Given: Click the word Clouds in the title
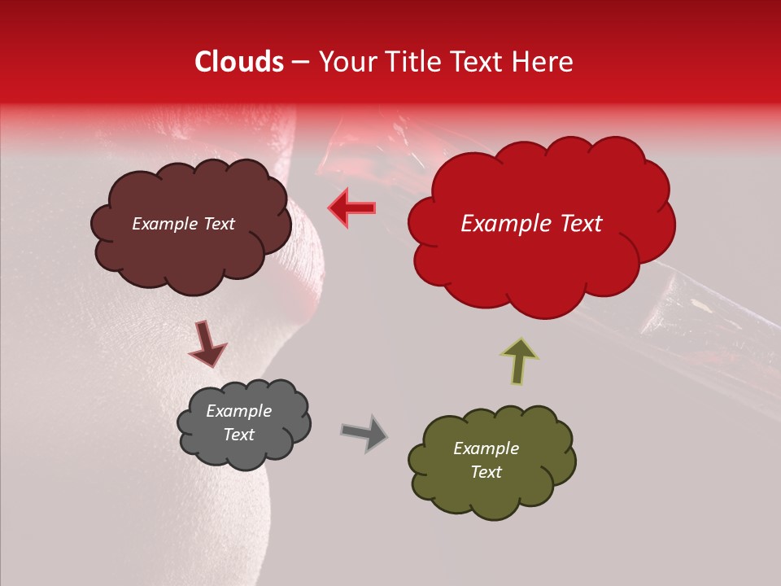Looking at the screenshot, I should click(x=239, y=62).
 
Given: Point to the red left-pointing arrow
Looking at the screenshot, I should click(x=352, y=208).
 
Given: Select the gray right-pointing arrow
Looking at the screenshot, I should click(x=364, y=432).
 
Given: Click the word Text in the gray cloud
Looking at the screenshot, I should click(x=239, y=435).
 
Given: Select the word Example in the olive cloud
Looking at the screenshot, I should click(x=486, y=448).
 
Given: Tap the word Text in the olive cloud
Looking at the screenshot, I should click(x=486, y=472).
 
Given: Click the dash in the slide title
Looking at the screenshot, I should click(x=300, y=62).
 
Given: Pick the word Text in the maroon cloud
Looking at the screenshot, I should click(x=218, y=224).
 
